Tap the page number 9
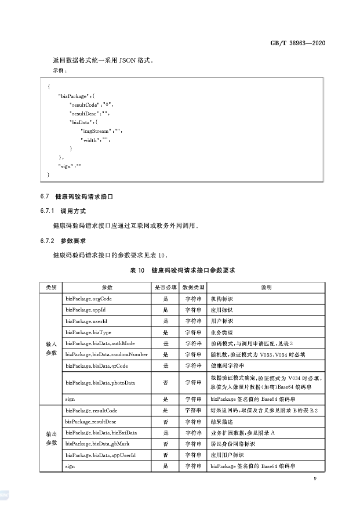[x=314, y=479]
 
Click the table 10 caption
[x=180, y=270]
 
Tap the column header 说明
[x=266, y=287]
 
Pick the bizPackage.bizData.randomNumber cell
[x=107, y=354]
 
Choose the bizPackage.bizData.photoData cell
[x=100, y=382]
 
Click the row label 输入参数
[x=50, y=349]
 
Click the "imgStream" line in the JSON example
[x=101, y=131]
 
